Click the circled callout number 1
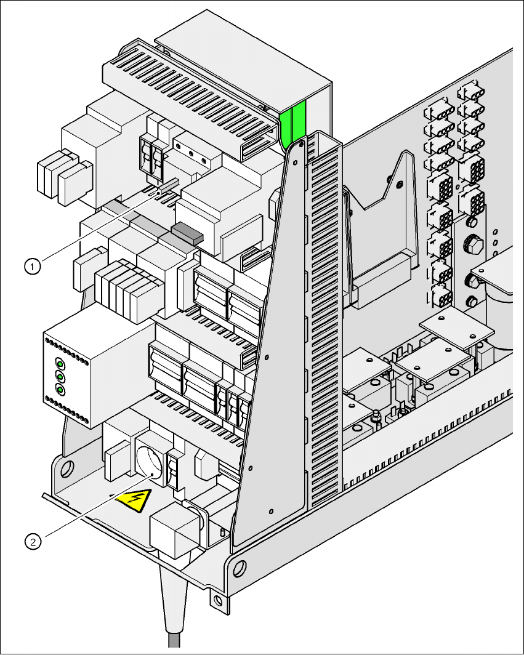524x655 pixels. click(33, 266)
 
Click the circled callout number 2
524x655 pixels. click(33, 541)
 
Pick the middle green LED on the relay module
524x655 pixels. click(60, 376)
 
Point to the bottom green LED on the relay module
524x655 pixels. click(60, 389)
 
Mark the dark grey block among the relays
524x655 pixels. click(187, 231)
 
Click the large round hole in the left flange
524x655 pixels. click(68, 467)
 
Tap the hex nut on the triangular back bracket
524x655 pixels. click(400, 184)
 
